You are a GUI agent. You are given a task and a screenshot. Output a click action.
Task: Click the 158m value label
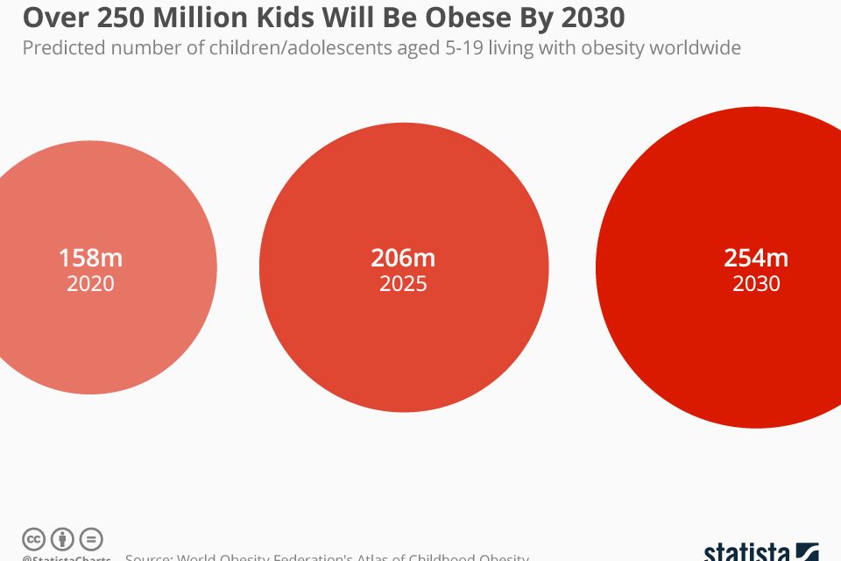pos(90,259)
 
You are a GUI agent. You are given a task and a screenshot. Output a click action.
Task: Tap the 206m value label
pos(403,259)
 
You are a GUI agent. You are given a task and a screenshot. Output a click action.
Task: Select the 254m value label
pos(756,259)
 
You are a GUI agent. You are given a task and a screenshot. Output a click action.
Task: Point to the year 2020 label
pos(90,284)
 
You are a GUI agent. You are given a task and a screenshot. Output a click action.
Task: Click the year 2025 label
pos(403,284)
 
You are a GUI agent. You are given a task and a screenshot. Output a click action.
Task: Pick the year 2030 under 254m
pos(756,284)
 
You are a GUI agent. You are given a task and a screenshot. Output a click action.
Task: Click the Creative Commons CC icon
pos(34,540)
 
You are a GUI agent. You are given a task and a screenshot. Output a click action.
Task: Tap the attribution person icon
pos(62,540)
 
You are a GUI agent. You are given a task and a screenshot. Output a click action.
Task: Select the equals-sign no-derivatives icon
pos(91,540)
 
